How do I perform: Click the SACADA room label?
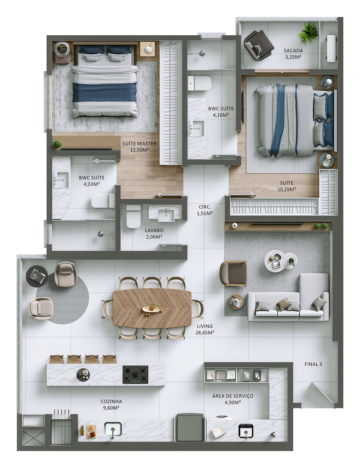pos(293,51)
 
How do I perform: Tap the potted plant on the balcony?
pos(308,33)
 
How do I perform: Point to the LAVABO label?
pos(154,230)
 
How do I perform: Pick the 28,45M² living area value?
pos(205,333)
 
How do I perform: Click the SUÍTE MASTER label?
pos(139,143)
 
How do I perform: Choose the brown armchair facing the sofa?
pos(233,273)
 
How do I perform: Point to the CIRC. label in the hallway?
pos(205,207)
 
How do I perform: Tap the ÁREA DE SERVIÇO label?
pos(233,396)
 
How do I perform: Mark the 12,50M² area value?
pos(139,150)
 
